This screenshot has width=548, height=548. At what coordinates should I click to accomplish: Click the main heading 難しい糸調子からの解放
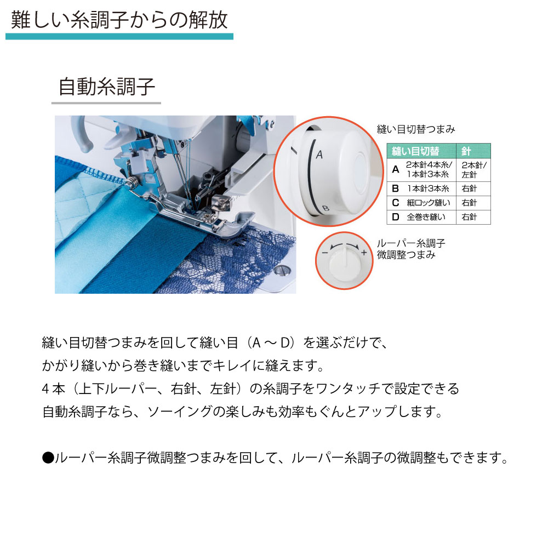pyautogui.click(x=119, y=20)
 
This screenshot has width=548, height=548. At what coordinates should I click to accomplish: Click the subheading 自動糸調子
pyautogui.click(x=107, y=87)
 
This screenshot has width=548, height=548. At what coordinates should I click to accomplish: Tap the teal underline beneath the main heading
pyautogui.click(x=119, y=36)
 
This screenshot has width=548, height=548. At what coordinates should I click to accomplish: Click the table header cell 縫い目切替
pyautogui.click(x=415, y=151)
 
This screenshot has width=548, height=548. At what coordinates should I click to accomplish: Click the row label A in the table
pyautogui.click(x=395, y=169)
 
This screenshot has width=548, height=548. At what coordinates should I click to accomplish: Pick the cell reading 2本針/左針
pyautogui.click(x=473, y=170)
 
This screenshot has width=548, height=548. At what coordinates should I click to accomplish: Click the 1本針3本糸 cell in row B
pyautogui.click(x=428, y=189)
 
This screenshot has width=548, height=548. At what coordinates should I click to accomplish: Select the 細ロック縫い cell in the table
pyautogui.click(x=429, y=203)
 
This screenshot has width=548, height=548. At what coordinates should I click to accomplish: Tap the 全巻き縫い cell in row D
pyautogui.click(x=426, y=217)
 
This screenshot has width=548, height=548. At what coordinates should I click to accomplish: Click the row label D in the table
pyautogui.click(x=395, y=217)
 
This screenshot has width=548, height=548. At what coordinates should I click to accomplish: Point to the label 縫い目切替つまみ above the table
pyautogui.click(x=416, y=129)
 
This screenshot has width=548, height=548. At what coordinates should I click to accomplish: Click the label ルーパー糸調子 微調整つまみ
pyautogui.click(x=411, y=249)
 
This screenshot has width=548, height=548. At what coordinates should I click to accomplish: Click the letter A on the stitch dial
pyautogui.click(x=319, y=155)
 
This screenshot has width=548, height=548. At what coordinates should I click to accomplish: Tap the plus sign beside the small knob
pyautogui.click(x=364, y=252)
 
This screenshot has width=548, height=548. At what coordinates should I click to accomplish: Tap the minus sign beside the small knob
pyautogui.click(x=325, y=253)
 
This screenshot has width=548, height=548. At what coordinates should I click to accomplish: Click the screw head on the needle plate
pyautogui.click(x=282, y=270)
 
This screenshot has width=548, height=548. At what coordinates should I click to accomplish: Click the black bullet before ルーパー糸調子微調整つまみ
pyautogui.click(x=48, y=458)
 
